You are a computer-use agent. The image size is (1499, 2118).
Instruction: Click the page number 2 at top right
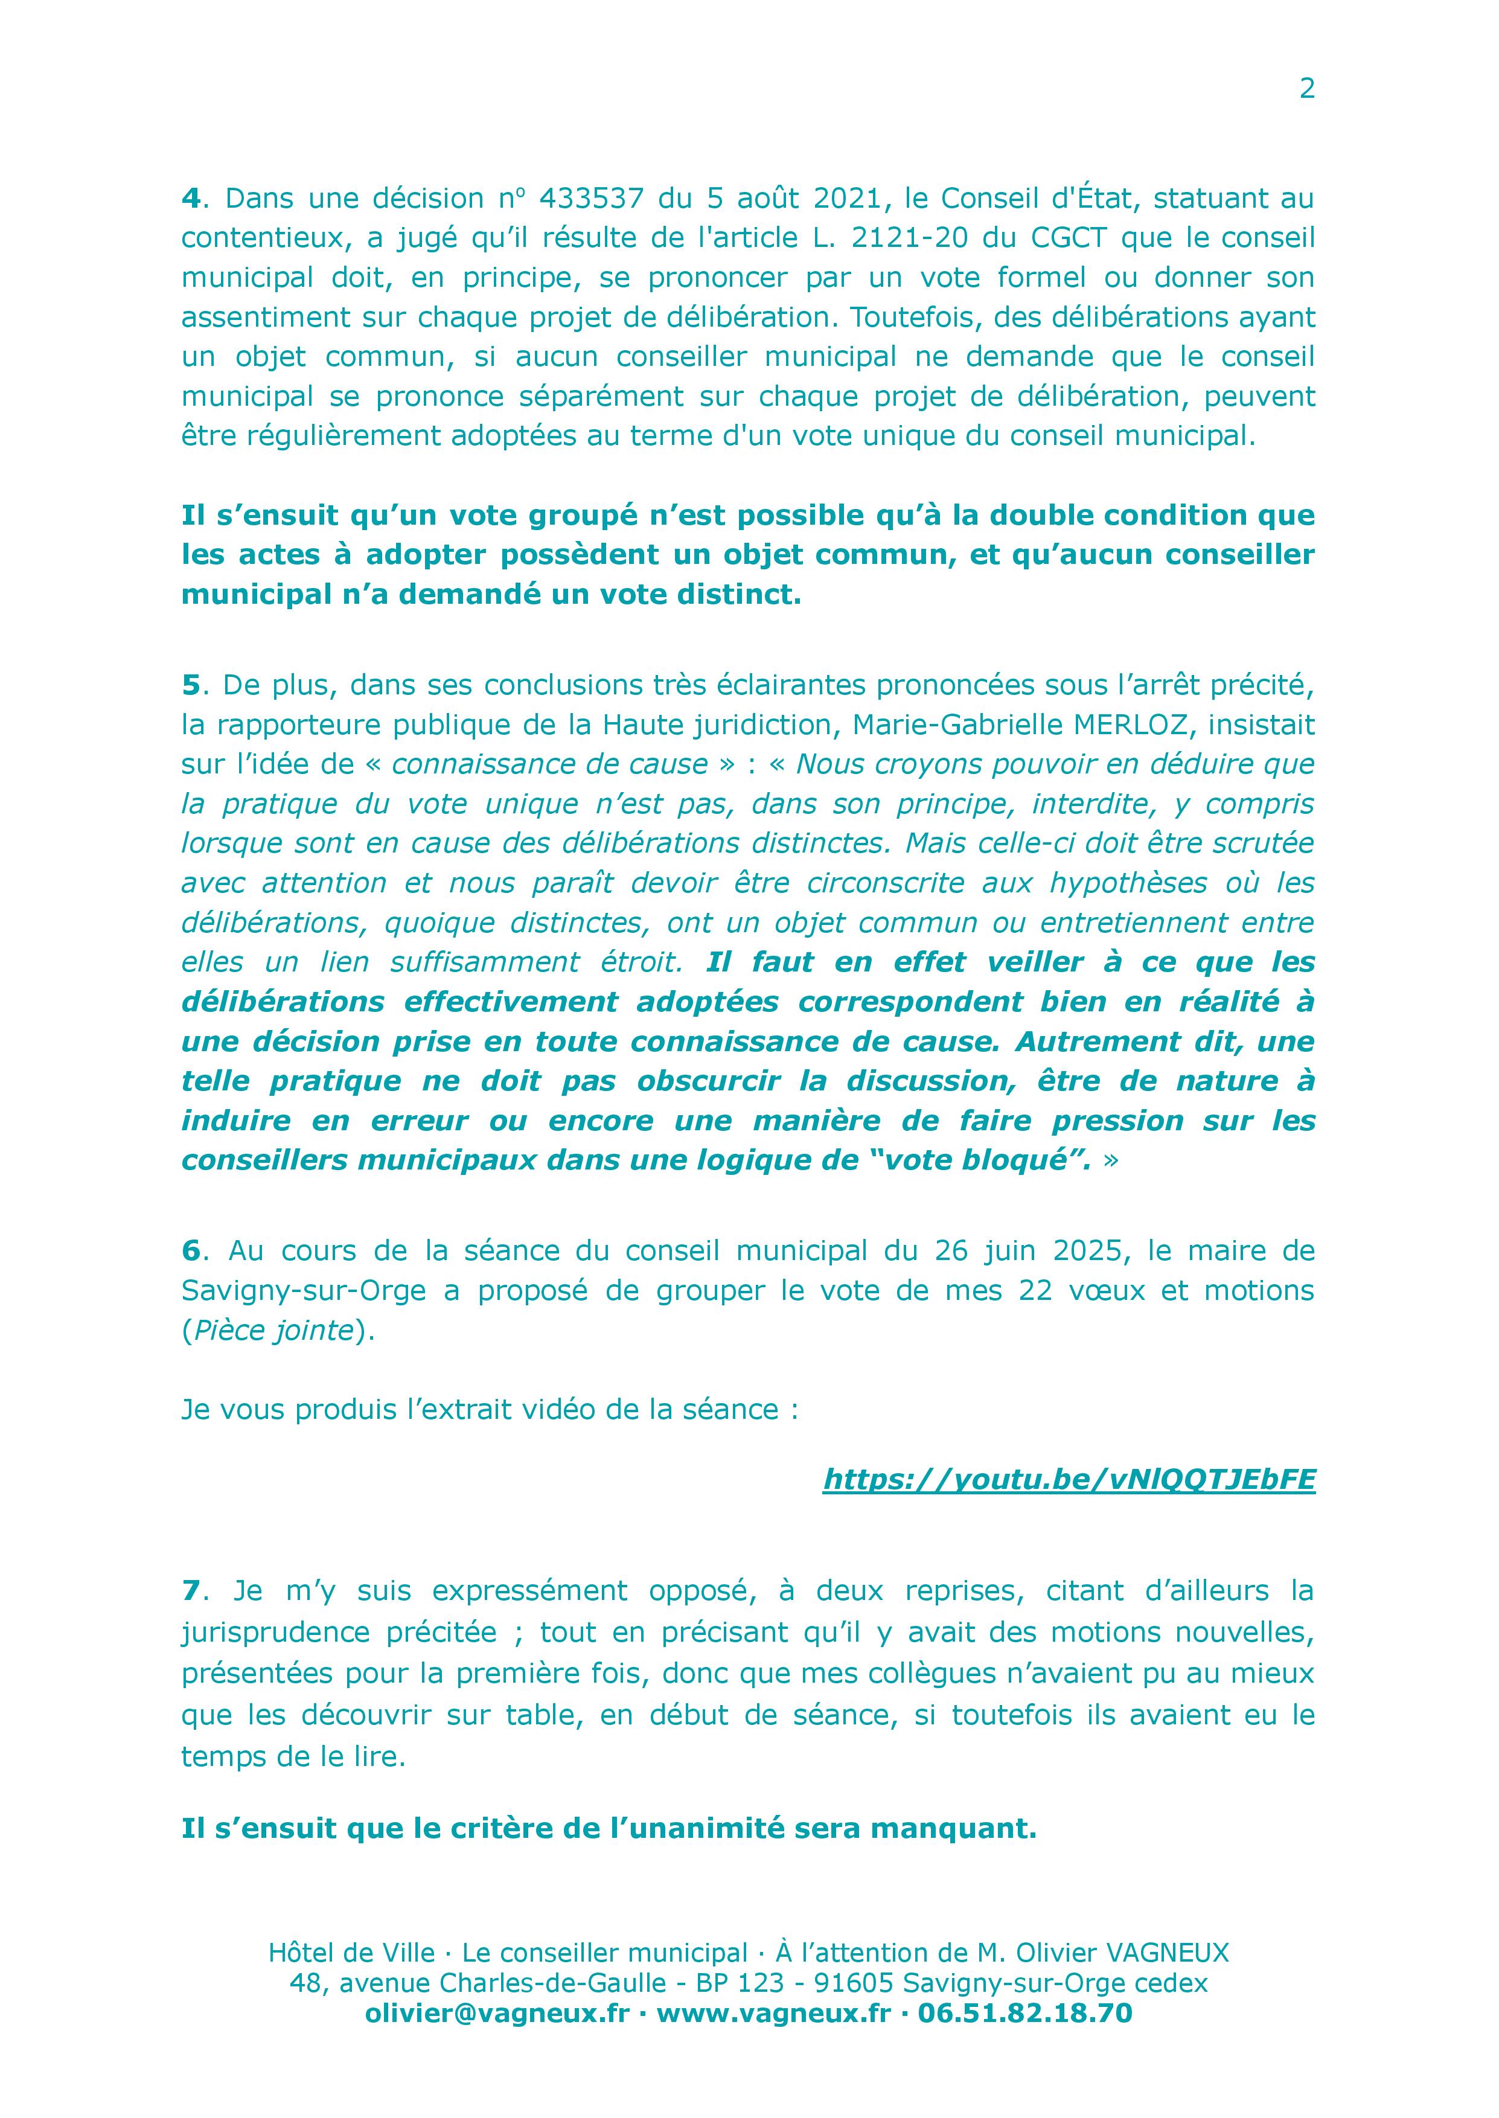click(1306, 89)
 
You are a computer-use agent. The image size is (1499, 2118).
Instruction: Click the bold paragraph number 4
click(190, 199)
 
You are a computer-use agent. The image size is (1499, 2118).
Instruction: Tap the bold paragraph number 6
click(190, 1250)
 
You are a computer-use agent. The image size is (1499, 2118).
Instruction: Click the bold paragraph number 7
click(190, 1591)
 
